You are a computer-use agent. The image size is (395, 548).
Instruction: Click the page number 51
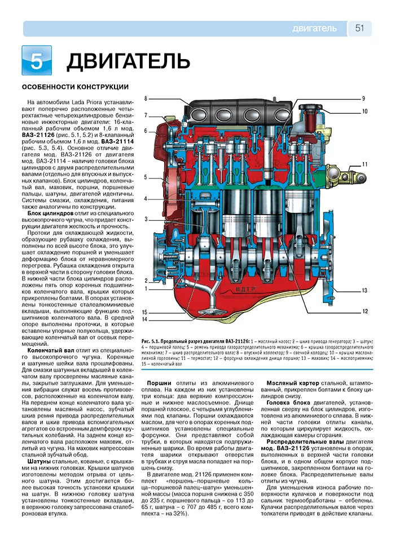[360, 28]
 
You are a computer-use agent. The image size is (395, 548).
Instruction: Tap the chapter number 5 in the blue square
[36, 61]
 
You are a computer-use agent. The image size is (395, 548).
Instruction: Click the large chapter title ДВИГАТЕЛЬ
[124, 61]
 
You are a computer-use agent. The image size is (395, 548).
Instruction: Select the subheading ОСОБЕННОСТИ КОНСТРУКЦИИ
[75, 87]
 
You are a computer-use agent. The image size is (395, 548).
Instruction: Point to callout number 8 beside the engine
[146, 99]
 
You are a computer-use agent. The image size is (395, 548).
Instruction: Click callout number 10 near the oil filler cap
[365, 112]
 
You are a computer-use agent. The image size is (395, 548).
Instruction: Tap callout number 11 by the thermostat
[365, 164]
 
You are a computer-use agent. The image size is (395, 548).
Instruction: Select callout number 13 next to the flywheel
[365, 291]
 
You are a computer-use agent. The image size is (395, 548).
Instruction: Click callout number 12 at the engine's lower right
[365, 311]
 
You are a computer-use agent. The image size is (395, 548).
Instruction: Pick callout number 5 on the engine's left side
[146, 177]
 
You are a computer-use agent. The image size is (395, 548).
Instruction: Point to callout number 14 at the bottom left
[145, 319]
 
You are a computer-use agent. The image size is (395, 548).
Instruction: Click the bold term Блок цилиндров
[50, 213]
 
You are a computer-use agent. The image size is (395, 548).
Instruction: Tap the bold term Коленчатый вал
[51, 350]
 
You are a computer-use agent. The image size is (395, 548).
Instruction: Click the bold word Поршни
[159, 382]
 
